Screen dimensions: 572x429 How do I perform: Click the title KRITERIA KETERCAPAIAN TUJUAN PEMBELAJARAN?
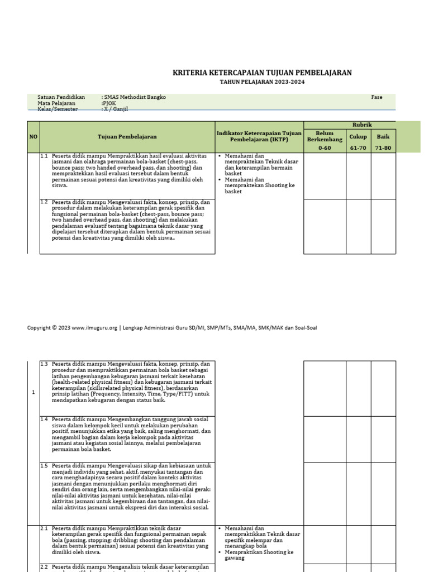(262, 73)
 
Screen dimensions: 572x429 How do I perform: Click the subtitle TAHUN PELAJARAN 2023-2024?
(262, 82)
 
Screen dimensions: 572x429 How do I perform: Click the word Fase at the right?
(376, 97)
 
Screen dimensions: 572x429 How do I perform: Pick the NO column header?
(34, 136)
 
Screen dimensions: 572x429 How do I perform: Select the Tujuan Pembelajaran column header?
(127, 136)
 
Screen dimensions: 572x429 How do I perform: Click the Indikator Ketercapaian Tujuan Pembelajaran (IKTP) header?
(259, 136)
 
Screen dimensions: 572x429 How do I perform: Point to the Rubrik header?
(362, 125)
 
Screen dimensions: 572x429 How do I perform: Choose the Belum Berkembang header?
(325, 137)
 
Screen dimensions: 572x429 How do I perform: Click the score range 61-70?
(358, 148)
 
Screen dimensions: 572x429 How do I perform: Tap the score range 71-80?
(384, 148)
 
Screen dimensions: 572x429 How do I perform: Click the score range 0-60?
(325, 148)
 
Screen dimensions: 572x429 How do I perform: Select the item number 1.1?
(45, 156)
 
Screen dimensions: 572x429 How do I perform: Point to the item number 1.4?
(45, 419)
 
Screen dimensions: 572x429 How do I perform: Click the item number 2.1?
(45, 528)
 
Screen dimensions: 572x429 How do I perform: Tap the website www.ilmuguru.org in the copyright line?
(94, 328)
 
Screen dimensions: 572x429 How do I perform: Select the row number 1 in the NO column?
(34, 392)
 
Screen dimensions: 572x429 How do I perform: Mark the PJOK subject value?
(108, 103)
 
